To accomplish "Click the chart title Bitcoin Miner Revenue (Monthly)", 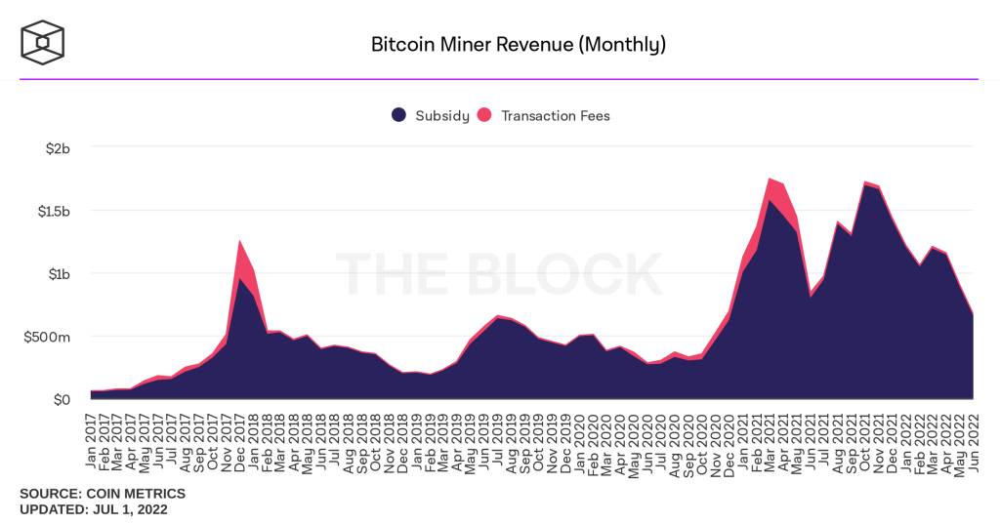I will pyautogui.click(x=518, y=45).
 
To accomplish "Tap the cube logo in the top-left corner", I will pyautogui.click(x=42, y=42).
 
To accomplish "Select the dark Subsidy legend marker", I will pyautogui.click(x=398, y=115).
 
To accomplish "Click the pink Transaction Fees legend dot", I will pyautogui.click(x=484, y=115).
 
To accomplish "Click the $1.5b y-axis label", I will pyautogui.click(x=51, y=211).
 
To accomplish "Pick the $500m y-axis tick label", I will pyautogui.click(x=48, y=337).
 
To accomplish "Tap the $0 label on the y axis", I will pyautogui.click(x=61, y=399).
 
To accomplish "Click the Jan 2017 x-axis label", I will pyautogui.click(x=91, y=439).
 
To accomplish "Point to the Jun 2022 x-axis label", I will pyautogui.click(x=973, y=439).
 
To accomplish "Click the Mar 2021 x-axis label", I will pyautogui.click(x=770, y=439).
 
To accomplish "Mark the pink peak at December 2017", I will pyautogui.click(x=239, y=242).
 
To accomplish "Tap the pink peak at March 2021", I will pyautogui.click(x=770, y=180).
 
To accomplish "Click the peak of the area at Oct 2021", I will pyautogui.click(x=864, y=182).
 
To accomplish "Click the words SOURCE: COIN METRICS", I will pyautogui.click(x=103, y=494).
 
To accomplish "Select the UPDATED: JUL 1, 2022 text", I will pyautogui.click(x=94, y=509).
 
